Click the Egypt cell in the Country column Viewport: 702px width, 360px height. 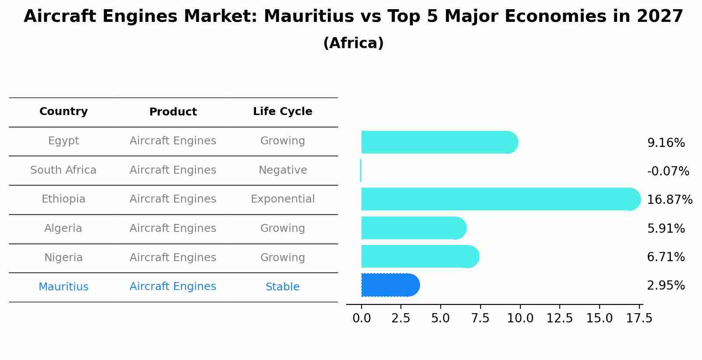coord(63,141)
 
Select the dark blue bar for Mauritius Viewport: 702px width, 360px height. coord(390,285)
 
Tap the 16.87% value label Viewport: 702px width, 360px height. coord(669,200)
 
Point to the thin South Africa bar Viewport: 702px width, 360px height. coord(361,171)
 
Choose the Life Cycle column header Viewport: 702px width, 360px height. coord(282,112)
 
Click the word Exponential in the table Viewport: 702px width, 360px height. coord(282,199)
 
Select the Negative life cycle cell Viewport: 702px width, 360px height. coord(282,170)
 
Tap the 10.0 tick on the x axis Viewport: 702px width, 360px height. coord(520,318)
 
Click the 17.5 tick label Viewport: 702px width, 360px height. coord(639,318)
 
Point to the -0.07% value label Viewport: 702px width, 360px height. coord(668,171)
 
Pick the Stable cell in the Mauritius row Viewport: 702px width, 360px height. coord(282,287)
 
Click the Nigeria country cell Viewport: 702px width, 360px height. coord(63,258)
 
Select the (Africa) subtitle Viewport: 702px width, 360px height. coord(353,43)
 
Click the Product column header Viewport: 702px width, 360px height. coord(173,112)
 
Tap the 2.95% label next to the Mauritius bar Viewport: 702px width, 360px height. coord(666,286)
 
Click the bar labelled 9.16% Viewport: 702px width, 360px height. coord(438,142)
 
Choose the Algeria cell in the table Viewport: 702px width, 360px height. coord(63,228)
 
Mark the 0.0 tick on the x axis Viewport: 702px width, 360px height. coord(362,318)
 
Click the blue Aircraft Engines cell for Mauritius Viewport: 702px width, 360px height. coord(173,287)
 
